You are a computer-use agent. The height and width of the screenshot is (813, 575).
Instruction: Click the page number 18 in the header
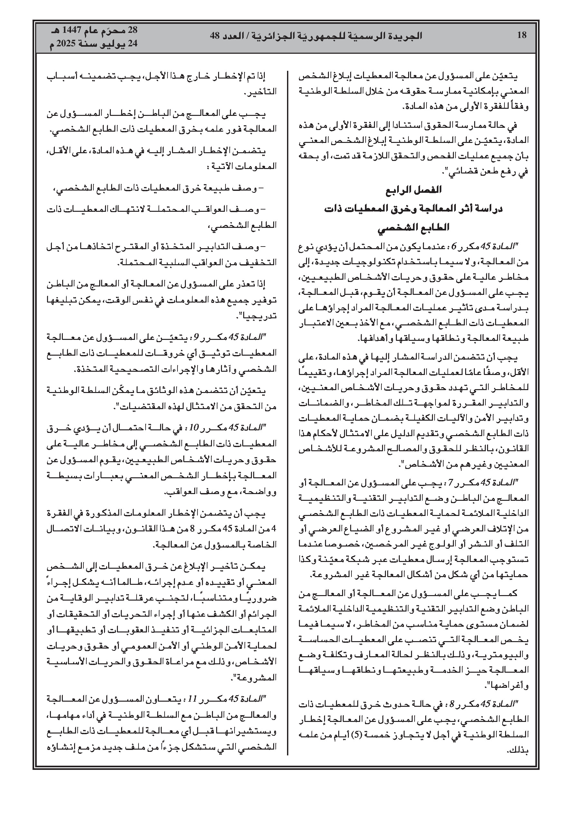point(522,35)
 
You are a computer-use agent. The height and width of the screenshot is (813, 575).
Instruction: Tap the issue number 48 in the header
point(215,35)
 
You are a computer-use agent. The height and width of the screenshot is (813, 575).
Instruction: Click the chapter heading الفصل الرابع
point(413,190)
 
